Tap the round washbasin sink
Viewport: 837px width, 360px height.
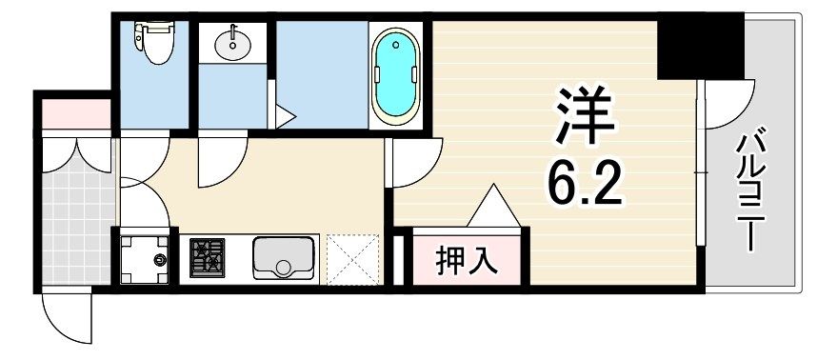[x=232, y=44]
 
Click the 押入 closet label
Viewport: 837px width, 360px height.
[x=467, y=259]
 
